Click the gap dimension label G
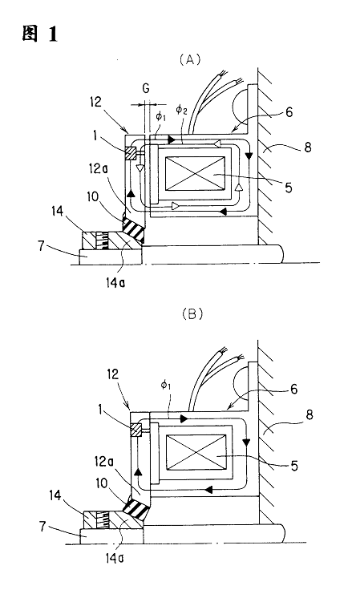coord(146,89)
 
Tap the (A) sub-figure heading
coord(190,59)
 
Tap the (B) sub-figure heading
coord(192,314)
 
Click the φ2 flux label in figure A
coord(180,111)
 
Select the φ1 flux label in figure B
coord(166,386)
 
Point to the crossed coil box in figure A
coord(195,173)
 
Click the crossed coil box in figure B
coord(196,452)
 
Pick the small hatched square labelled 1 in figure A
coord(131,153)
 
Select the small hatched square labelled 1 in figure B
coord(136,430)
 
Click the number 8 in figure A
coord(308,147)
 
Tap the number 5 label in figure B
coord(294,465)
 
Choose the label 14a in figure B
coord(114,558)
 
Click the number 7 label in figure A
coord(42,246)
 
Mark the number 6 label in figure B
coord(293,389)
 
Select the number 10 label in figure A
coord(92,197)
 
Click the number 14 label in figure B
coord(55,495)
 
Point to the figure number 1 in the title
coord(52,34)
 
